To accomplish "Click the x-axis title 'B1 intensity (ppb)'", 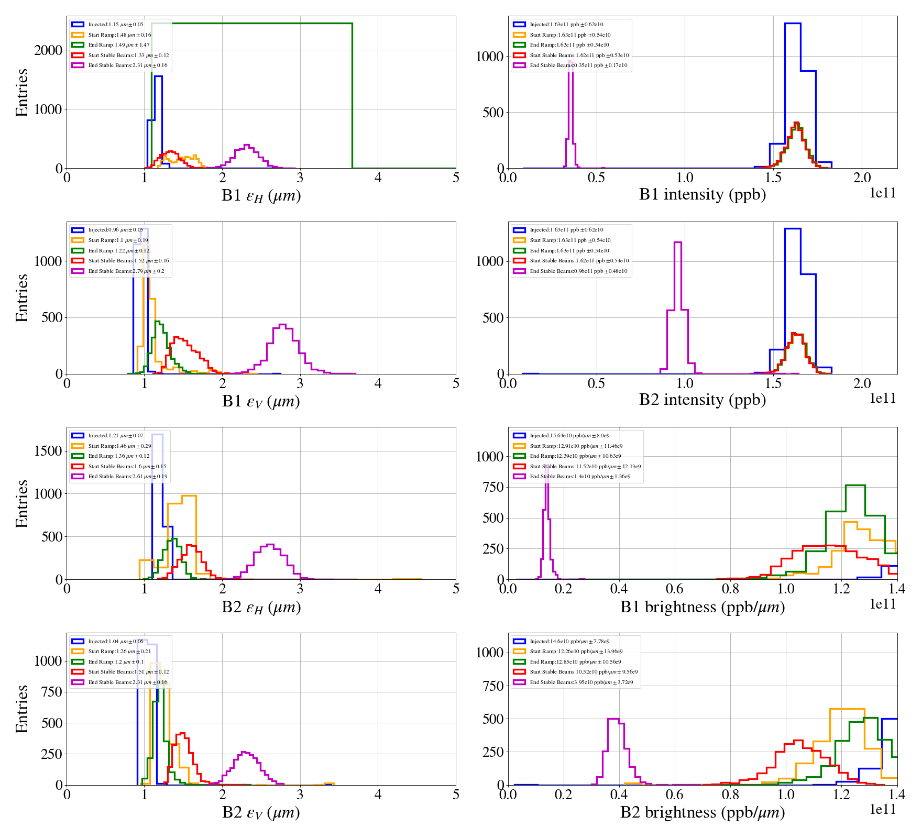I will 702,195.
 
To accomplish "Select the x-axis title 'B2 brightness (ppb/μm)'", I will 702,812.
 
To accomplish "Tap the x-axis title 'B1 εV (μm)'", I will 261,401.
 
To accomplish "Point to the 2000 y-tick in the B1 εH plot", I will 48,50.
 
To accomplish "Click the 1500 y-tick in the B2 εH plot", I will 48,451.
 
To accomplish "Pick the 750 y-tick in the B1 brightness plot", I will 489,487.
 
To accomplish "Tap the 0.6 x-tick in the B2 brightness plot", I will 674,795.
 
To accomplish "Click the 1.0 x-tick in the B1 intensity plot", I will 685,178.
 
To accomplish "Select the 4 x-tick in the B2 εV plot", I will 378,795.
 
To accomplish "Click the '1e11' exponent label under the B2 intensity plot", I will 883,399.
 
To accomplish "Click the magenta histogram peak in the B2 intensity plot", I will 677,242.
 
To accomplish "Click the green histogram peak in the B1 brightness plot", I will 855,486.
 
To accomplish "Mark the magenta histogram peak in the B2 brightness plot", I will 613,719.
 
